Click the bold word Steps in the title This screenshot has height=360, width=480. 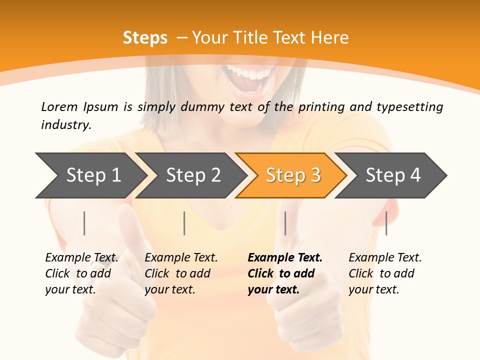[x=145, y=38]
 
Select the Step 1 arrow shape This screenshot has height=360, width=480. [x=90, y=175]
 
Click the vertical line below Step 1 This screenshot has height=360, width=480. [x=84, y=223]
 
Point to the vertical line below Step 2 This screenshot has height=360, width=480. [x=184, y=223]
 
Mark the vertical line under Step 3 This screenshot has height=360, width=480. [x=285, y=223]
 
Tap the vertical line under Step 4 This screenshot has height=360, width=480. [x=386, y=223]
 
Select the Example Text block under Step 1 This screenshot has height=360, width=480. [x=81, y=273]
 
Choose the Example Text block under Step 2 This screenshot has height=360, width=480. [x=180, y=273]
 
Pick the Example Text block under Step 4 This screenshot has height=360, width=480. [x=384, y=273]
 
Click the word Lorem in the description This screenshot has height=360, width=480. [x=59, y=107]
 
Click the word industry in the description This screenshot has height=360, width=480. [x=65, y=125]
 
